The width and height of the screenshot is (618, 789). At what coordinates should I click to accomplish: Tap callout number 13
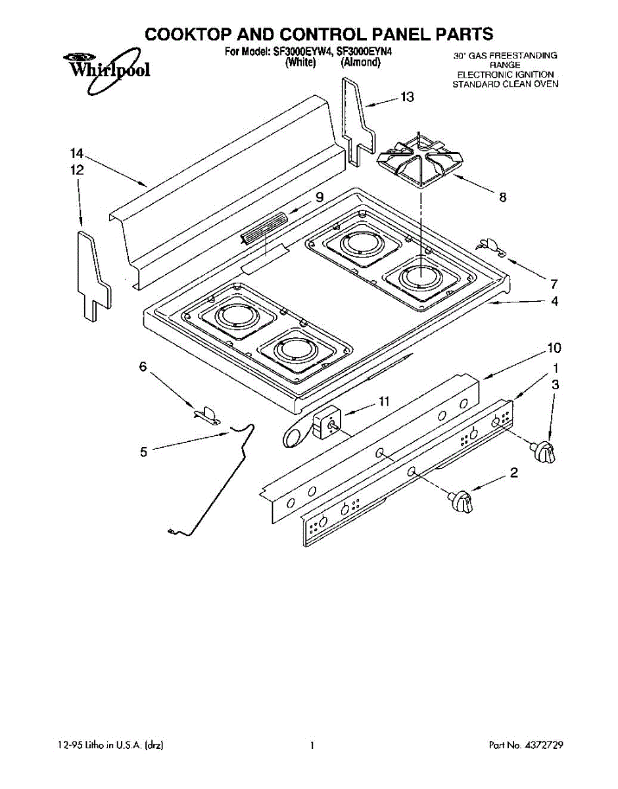click(407, 97)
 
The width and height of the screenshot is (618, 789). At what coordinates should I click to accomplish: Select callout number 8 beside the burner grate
click(503, 196)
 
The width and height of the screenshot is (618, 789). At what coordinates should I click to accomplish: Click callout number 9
click(319, 196)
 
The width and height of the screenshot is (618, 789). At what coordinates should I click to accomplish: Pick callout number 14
click(77, 154)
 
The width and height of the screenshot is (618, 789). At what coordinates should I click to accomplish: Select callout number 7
click(554, 284)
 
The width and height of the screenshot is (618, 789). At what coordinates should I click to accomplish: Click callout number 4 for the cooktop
click(554, 302)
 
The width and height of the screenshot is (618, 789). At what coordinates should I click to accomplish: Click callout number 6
click(143, 367)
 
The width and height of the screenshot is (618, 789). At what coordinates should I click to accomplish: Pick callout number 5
click(143, 451)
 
